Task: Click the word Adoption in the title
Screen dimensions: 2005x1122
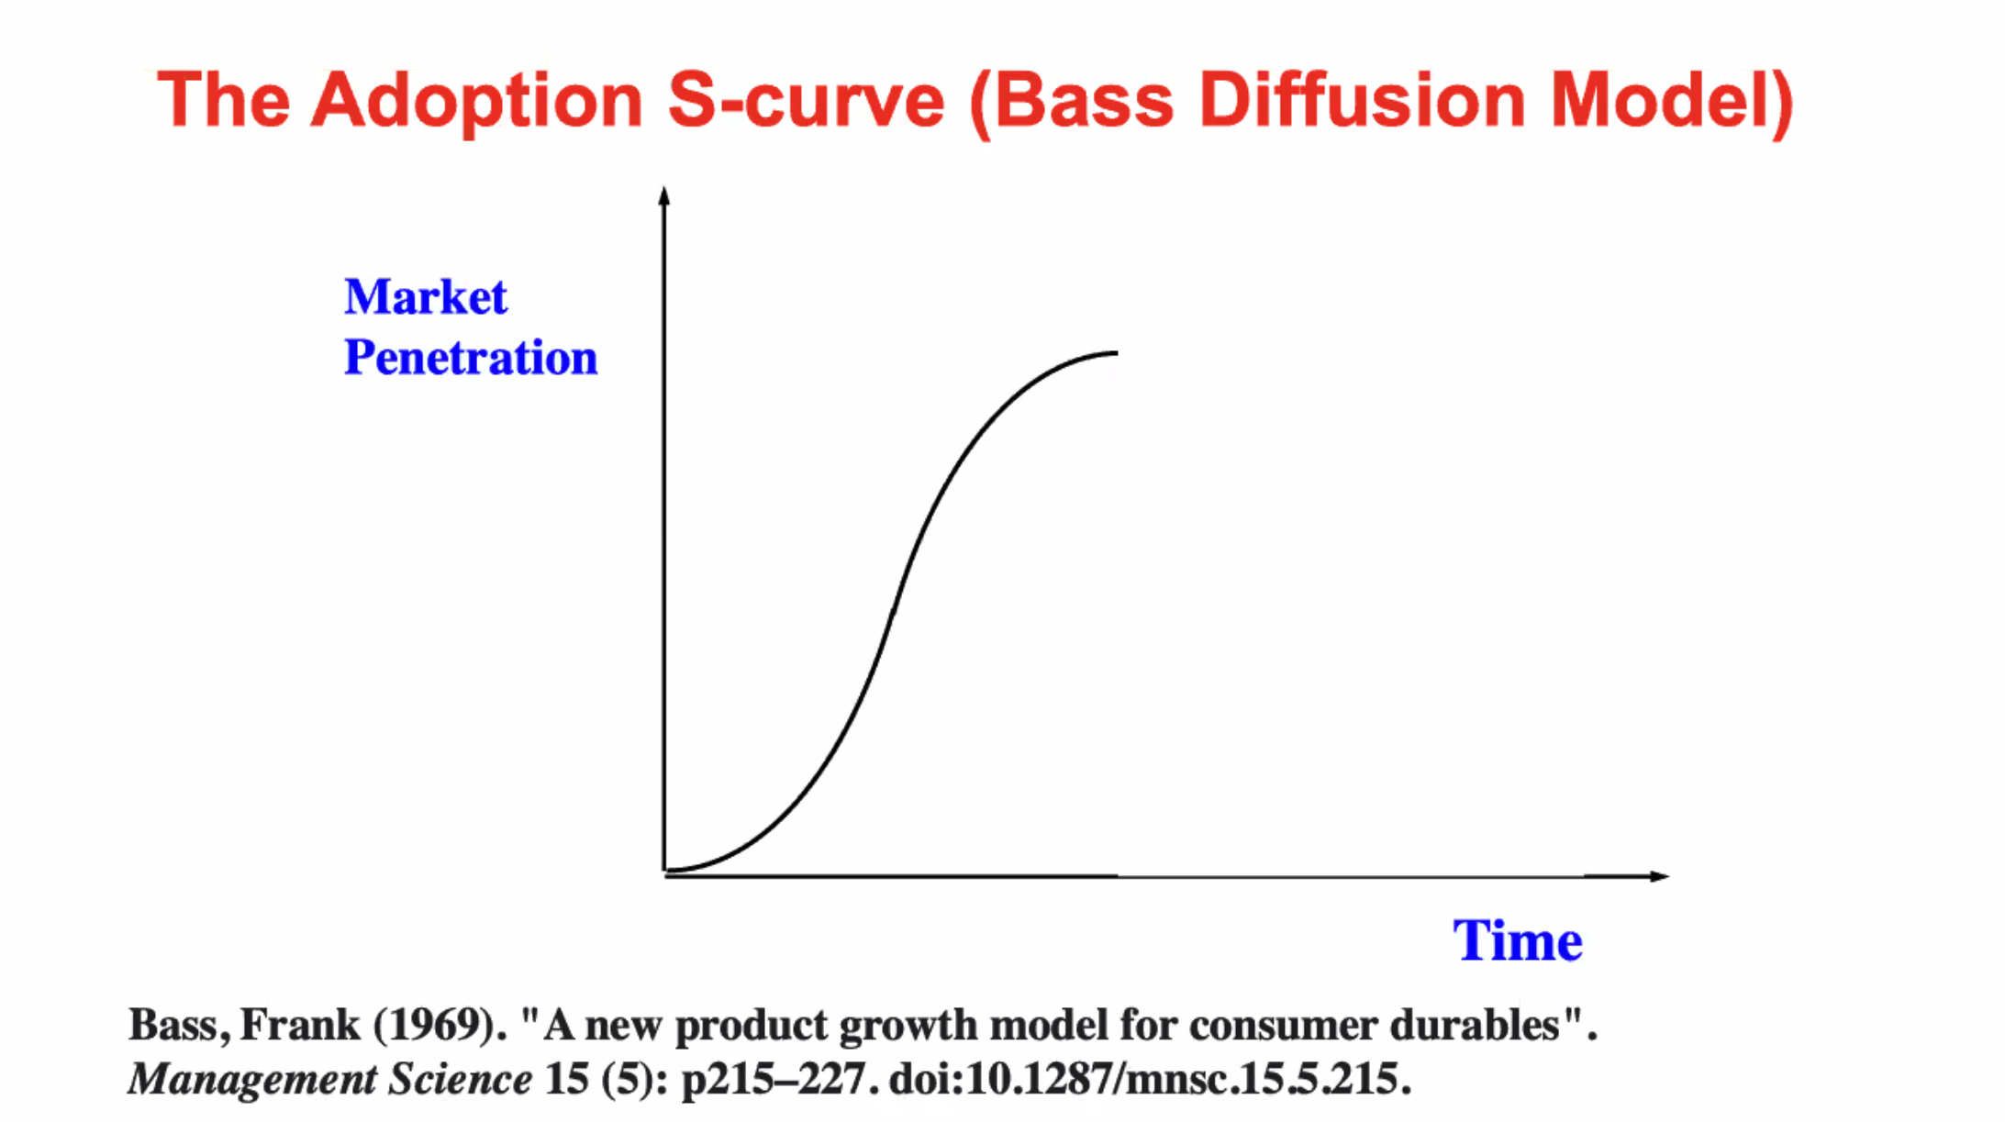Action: [x=477, y=102]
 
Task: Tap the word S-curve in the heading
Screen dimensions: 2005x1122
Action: [x=806, y=100]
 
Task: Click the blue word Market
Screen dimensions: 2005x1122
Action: [x=426, y=297]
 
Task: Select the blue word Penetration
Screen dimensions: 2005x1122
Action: [x=471, y=358]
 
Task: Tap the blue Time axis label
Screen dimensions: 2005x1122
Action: [x=1518, y=941]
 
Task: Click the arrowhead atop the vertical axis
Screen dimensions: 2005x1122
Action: [x=664, y=194]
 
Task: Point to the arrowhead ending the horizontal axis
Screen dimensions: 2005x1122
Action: [x=1660, y=876]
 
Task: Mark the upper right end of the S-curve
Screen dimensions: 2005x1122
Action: [x=1117, y=352]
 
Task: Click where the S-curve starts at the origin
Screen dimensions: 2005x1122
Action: [x=666, y=870]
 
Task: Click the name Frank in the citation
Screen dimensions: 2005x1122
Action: [x=300, y=1025]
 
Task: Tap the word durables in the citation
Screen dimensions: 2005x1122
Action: [x=1475, y=1025]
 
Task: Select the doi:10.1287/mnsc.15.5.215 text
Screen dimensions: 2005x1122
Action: [x=1149, y=1079]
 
